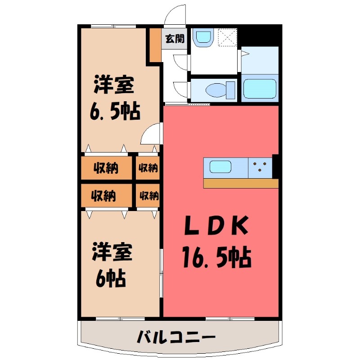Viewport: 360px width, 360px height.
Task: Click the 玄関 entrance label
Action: [174, 38]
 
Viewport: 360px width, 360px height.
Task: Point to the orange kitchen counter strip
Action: [240, 183]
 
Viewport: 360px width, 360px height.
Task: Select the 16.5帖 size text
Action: [216, 257]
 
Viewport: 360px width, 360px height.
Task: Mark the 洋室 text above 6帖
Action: [112, 252]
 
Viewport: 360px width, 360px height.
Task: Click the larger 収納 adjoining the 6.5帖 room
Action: [106, 168]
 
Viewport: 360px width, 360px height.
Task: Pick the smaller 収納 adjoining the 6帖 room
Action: [148, 196]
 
